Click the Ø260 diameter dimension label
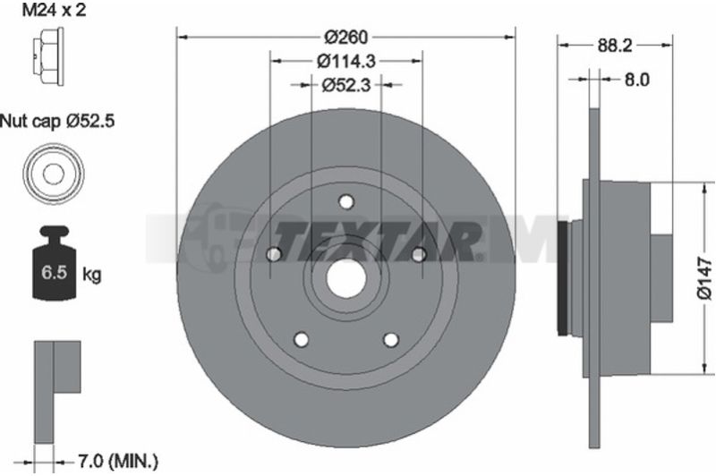pyautogui.click(x=345, y=37)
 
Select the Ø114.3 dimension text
pyautogui.click(x=346, y=61)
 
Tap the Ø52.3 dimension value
pyautogui.click(x=346, y=85)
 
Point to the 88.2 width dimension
pyautogui.click(x=615, y=45)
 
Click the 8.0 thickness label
pyautogui.click(x=636, y=80)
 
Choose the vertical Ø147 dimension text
pyautogui.click(x=704, y=277)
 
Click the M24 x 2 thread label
pyautogui.click(x=55, y=10)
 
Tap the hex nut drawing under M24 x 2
pyautogui.click(x=48, y=55)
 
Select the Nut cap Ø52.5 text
pyautogui.click(x=57, y=121)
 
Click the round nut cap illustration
pyautogui.click(x=54, y=174)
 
